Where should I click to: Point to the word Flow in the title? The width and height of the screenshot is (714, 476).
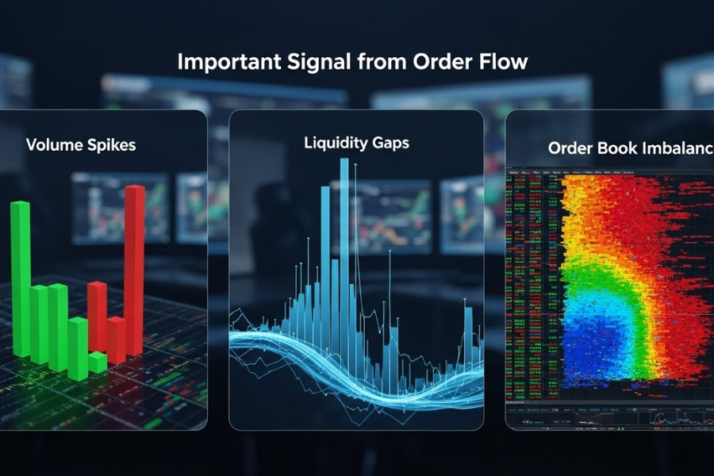coord(501,63)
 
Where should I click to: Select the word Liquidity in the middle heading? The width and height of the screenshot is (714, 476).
coord(333,144)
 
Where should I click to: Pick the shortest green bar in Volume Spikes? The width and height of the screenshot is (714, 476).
coord(97,363)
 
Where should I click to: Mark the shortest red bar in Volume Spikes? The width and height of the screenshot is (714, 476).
coord(116,340)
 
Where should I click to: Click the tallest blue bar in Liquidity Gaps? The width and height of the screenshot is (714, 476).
coord(344,238)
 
